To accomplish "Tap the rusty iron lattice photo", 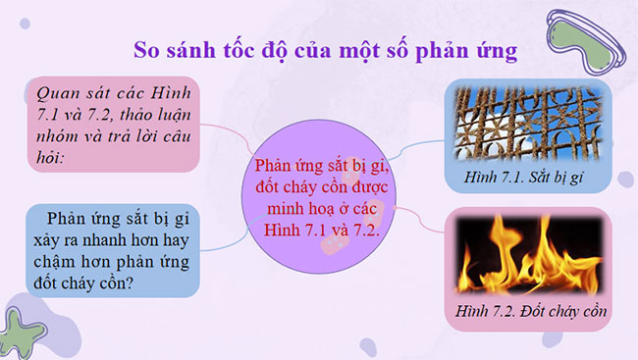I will coord(527,123).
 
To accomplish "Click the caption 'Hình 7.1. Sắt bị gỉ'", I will coord(528,180).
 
